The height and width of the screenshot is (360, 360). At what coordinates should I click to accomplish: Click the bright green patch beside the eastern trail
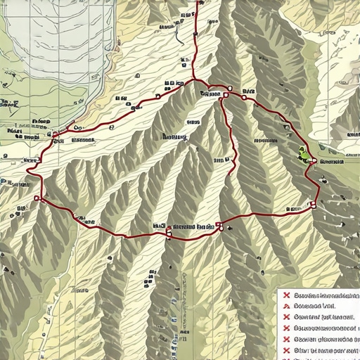(x=304, y=151)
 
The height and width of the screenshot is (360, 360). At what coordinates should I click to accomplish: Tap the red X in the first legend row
(x=286, y=295)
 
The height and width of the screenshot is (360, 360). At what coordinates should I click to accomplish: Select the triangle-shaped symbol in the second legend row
(x=286, y=306)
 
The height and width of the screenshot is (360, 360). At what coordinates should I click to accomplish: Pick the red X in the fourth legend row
(x=286, y=328)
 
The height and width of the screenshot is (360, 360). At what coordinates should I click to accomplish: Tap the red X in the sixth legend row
(x=286, y=349)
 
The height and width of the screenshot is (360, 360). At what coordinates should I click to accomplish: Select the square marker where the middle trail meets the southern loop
(x=219, y=226)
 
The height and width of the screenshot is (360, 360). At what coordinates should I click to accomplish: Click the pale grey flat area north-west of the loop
(x=42, y=49)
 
